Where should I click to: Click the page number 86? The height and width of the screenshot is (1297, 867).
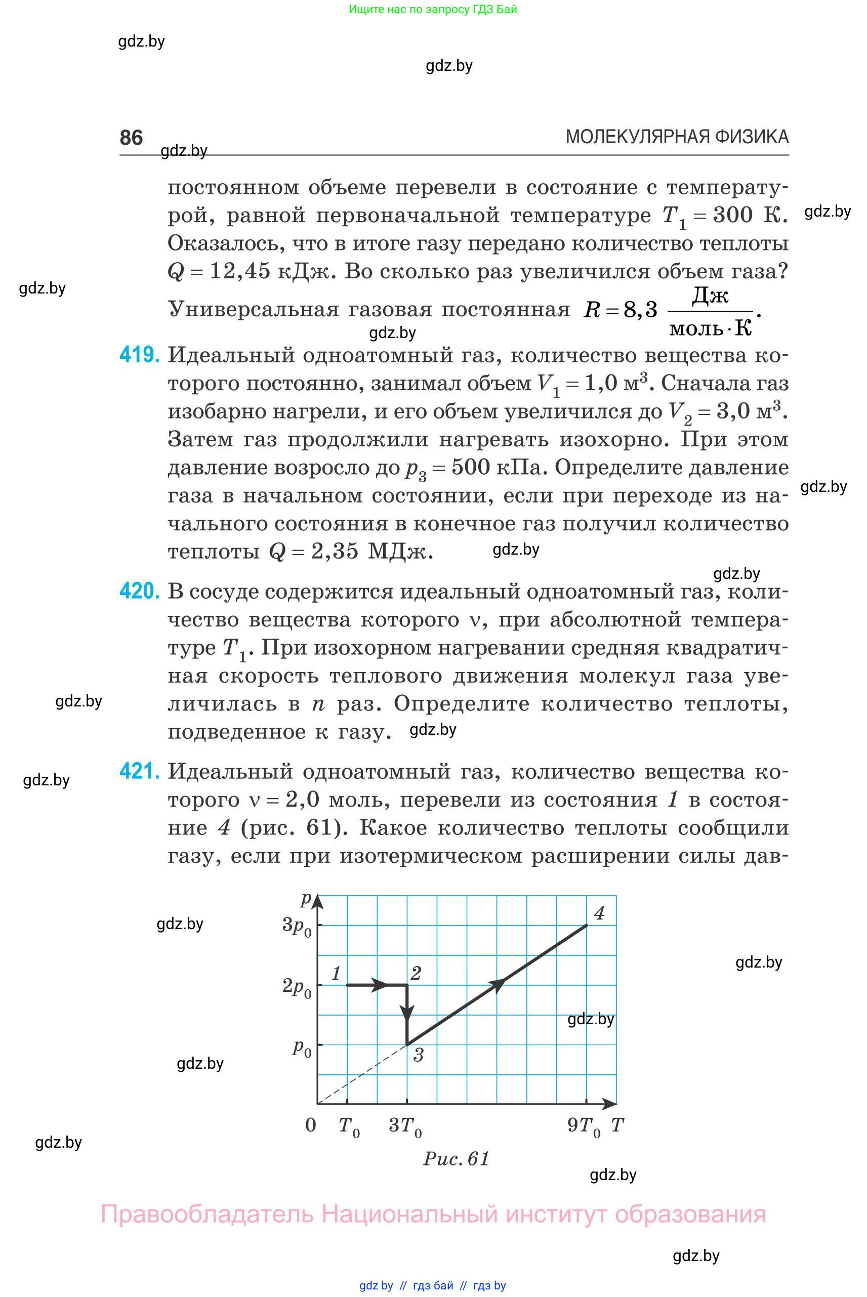pos(131,137)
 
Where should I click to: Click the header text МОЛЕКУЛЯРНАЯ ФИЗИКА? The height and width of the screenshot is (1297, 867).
pos(677,137)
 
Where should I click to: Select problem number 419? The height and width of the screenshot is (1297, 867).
pos(139,355)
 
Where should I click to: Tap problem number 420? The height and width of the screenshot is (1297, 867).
pos(139,592)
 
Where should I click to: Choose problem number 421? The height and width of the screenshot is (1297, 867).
pos(139,771)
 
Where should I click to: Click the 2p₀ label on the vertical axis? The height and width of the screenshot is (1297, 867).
pos(297,986)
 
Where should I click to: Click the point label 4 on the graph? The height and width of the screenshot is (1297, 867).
pos(599,913)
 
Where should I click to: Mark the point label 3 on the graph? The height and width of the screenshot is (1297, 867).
pos(419,1055)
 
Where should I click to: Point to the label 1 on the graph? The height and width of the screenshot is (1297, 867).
pos(336,973)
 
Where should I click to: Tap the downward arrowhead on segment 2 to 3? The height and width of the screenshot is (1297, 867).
pos(407,1013)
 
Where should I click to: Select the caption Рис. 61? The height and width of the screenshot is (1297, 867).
pos(457,1158)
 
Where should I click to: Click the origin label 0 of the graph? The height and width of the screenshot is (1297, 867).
pos(311,1124)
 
